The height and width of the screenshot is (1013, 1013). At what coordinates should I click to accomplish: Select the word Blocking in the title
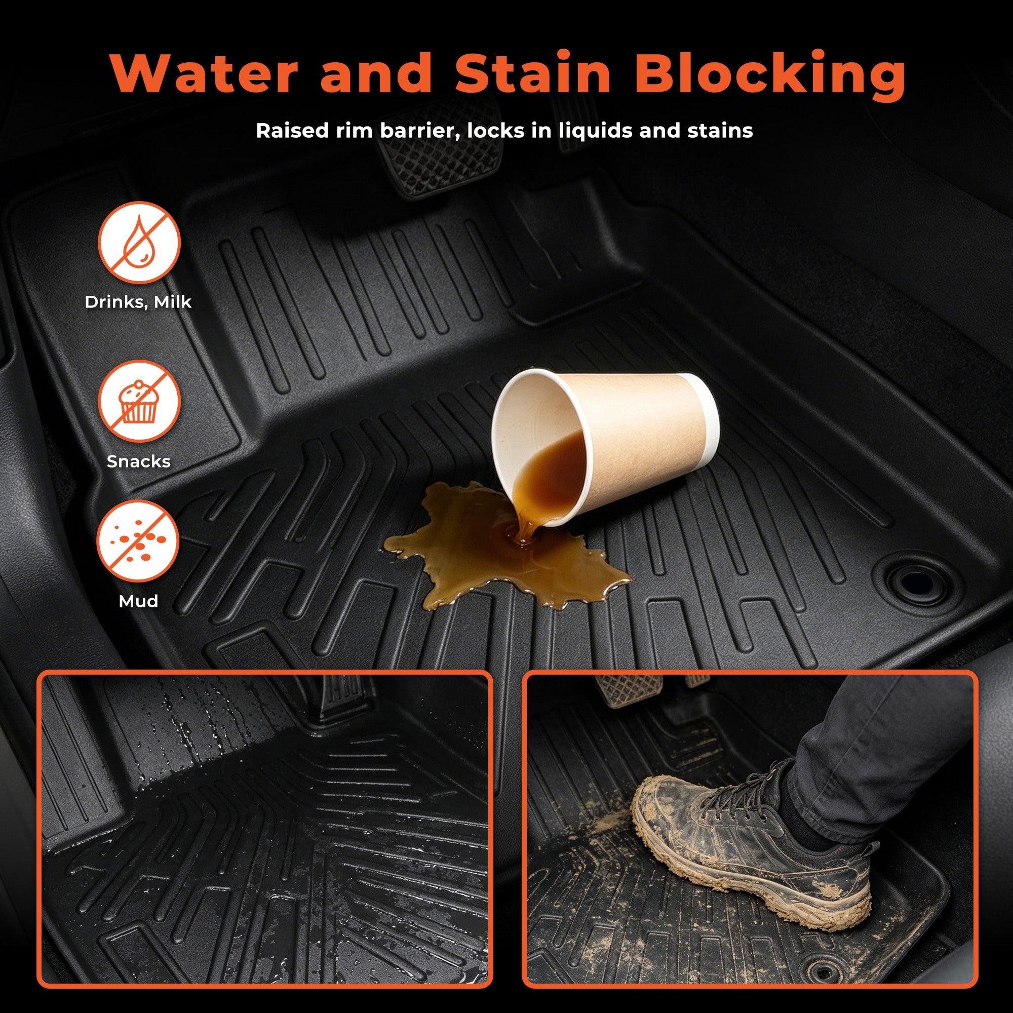click(x=770, y=76)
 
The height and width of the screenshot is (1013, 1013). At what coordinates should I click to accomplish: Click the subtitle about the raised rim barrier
click(x=504, y=131)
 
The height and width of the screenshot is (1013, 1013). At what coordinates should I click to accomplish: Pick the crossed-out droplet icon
click(x=139, y=243)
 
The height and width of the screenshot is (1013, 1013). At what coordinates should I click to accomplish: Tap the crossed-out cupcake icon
click(x=139, y=402)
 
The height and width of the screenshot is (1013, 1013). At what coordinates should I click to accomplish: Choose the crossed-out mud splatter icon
click(x=138, y=541)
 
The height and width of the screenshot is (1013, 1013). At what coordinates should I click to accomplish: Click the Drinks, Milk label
click(x=138, y=302)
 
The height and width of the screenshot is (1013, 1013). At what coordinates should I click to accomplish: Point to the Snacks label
click(x=138, y=461)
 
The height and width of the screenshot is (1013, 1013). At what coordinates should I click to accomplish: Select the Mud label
click(x=138, y=601)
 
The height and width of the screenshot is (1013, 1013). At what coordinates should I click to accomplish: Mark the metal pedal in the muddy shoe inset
click(x=628, y=689)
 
